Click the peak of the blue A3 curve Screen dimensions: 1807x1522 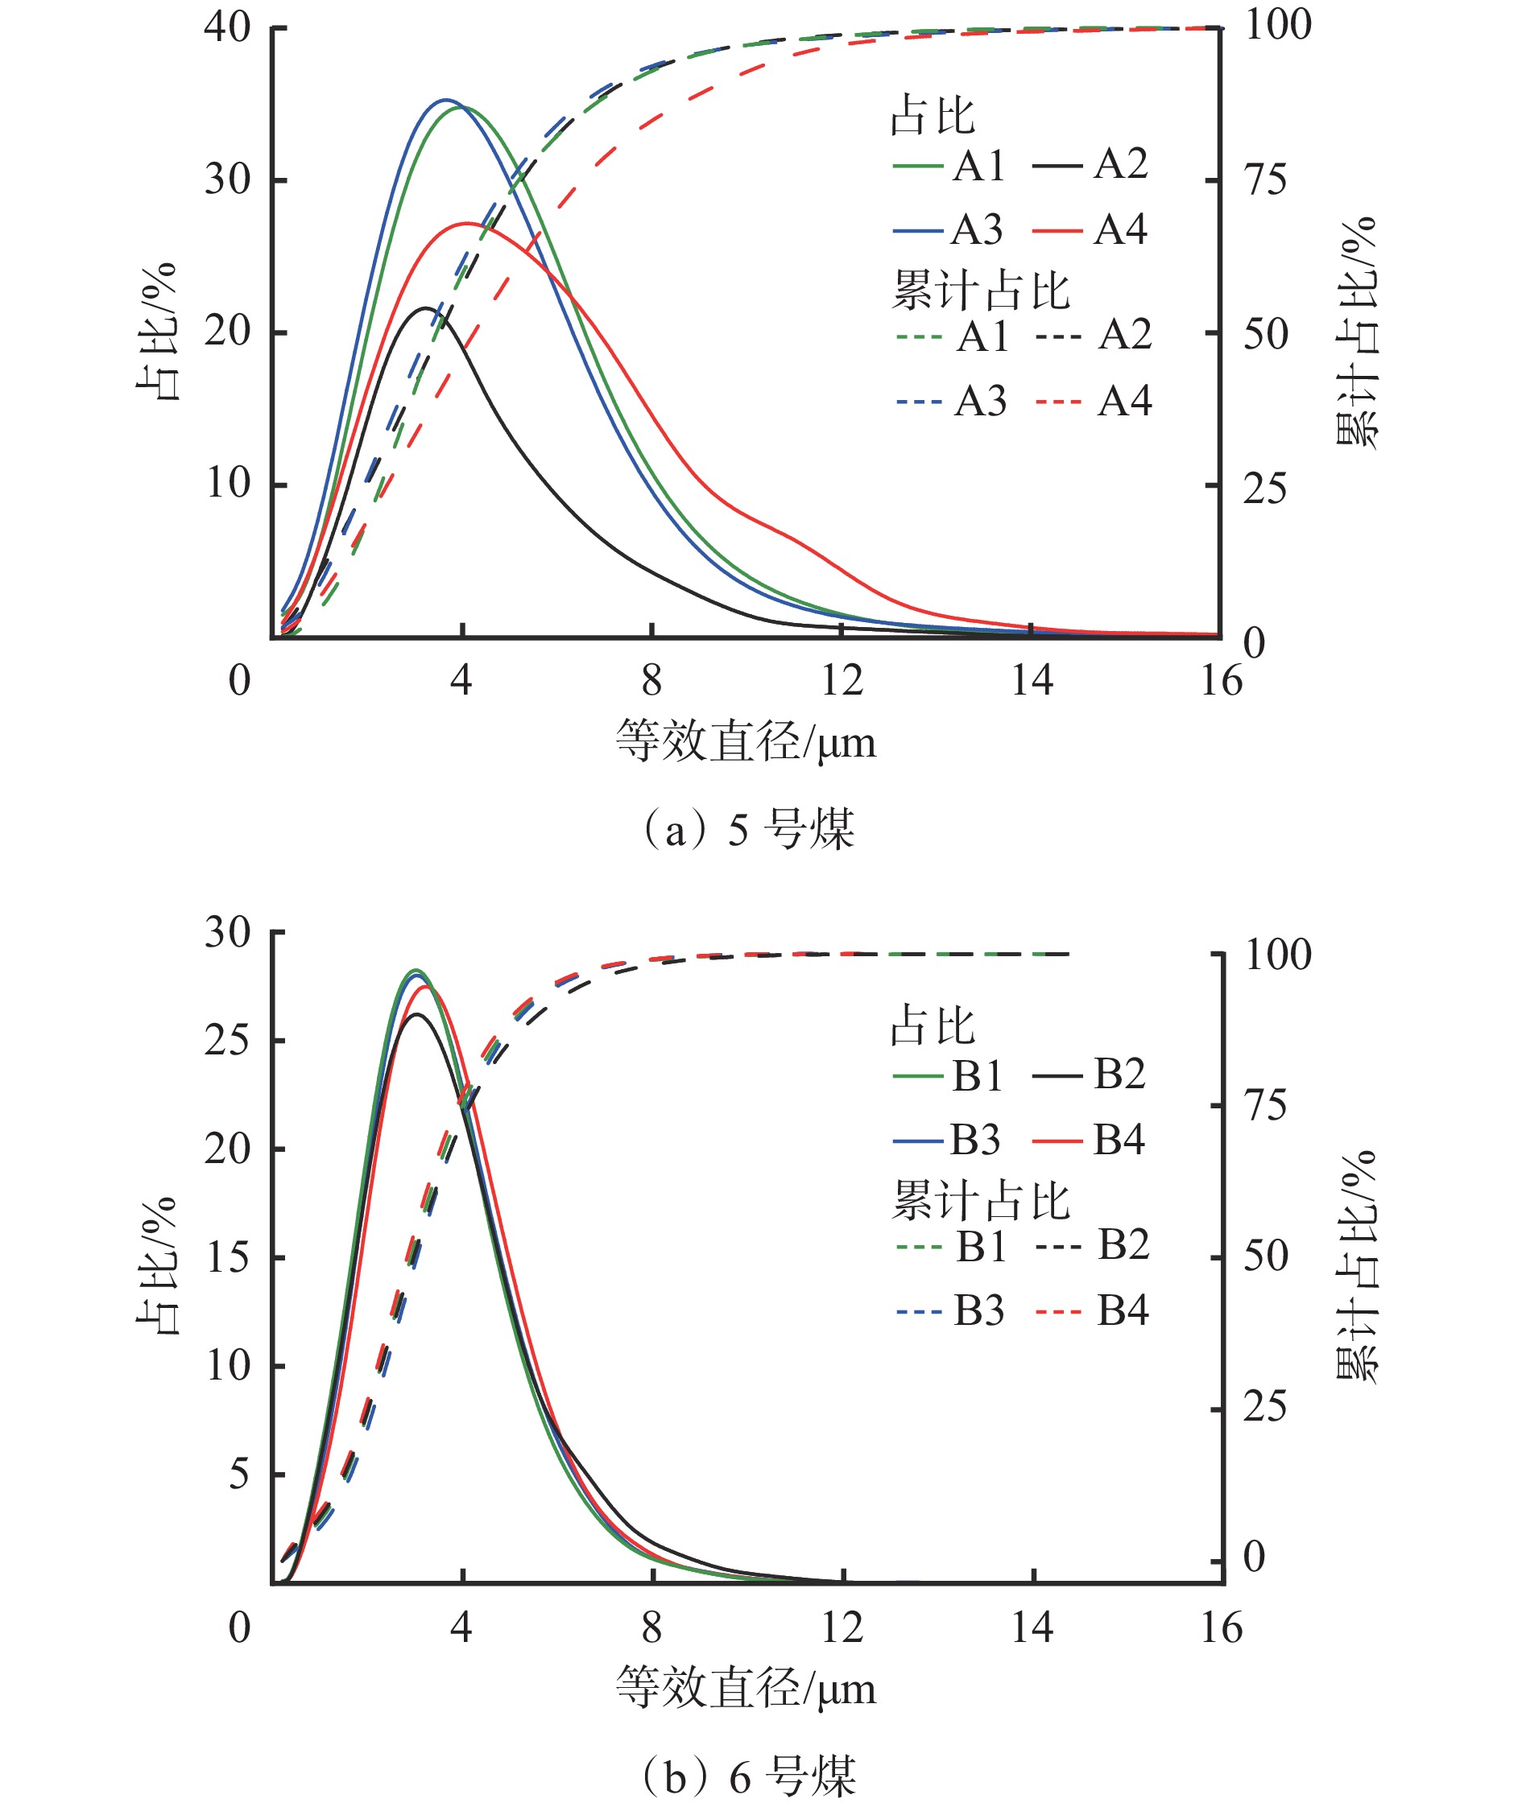tap(445, 100)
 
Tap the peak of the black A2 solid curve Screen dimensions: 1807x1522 tap(426, 308)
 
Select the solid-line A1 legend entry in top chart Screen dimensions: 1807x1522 tap(949, 165)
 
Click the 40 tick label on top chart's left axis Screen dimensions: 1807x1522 tap(228, 27)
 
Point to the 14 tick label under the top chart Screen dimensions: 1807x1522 tap(1032, 682)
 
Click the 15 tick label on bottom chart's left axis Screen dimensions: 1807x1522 tap(228, 1257)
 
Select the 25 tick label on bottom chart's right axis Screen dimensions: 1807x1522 tap(1265, 1408)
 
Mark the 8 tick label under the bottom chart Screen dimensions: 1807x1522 tap(652, 1628)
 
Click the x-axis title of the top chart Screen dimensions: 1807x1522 tap(746, 742)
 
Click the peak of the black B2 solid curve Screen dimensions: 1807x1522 tap(418, 1014)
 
